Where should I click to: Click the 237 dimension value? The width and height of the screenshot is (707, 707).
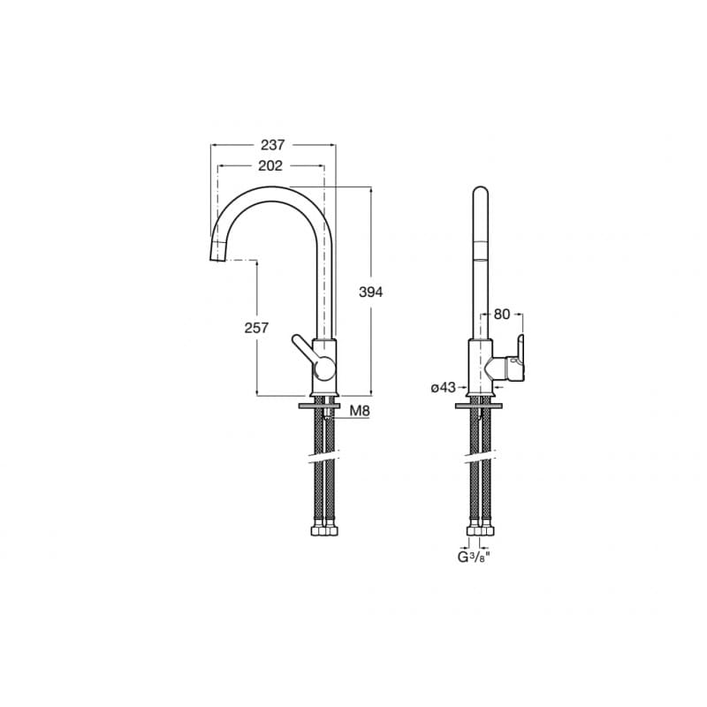pos(273,145)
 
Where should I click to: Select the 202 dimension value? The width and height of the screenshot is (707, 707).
pos(270,166)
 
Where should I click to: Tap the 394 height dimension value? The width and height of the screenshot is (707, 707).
pos(370,293)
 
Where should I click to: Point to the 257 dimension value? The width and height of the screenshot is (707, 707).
pos(256,328)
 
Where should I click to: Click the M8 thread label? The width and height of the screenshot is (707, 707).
pos(360,411)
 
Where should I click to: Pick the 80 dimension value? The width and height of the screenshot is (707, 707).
pos(501,315)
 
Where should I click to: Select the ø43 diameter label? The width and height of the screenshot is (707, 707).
pos(444,387)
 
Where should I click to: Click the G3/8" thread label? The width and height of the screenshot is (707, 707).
pos(474,558)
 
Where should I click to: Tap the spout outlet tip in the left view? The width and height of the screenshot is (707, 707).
pos(217,257)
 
